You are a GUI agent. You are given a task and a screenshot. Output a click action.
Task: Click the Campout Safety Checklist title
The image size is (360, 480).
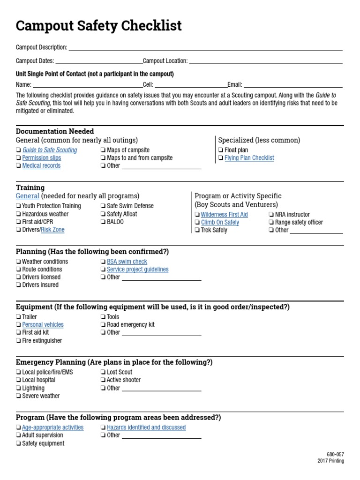pos(98,26)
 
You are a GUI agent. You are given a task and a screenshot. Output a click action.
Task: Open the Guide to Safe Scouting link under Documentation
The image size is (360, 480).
pos(50,150)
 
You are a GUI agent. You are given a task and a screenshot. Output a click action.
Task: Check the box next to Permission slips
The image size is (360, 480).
pos(18,158)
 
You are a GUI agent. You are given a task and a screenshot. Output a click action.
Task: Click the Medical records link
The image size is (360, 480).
pos(41,165)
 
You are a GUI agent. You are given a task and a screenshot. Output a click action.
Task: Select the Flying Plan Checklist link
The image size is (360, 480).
pos(249,158)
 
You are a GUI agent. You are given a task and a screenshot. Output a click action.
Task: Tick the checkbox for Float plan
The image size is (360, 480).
pos(221,150)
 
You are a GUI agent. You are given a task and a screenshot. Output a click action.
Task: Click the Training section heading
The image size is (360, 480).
pos(30,187)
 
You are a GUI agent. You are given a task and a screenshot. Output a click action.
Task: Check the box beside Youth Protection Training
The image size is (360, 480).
pos(18,206)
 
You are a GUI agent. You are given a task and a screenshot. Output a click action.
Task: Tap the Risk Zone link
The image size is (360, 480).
pos(52,230)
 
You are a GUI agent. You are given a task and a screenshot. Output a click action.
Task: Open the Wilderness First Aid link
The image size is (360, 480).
pos(225,215)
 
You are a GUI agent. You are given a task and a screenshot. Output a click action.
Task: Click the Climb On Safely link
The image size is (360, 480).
pos(220,222)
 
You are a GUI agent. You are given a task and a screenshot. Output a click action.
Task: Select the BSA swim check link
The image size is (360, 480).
pos(127,262)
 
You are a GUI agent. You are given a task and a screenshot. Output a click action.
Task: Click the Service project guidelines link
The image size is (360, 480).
pos(137,270)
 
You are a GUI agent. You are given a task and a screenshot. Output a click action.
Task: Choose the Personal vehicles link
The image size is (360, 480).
pos(43,324)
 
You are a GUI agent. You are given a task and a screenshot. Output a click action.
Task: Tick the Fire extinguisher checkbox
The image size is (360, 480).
pos(18,341)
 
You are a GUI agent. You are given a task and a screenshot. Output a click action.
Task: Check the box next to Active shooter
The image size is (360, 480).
pos(103,380)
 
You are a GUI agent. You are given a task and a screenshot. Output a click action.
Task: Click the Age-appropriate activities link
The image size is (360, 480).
pos(52,427)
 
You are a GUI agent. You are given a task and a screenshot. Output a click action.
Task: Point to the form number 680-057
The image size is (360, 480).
pos(335,454)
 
